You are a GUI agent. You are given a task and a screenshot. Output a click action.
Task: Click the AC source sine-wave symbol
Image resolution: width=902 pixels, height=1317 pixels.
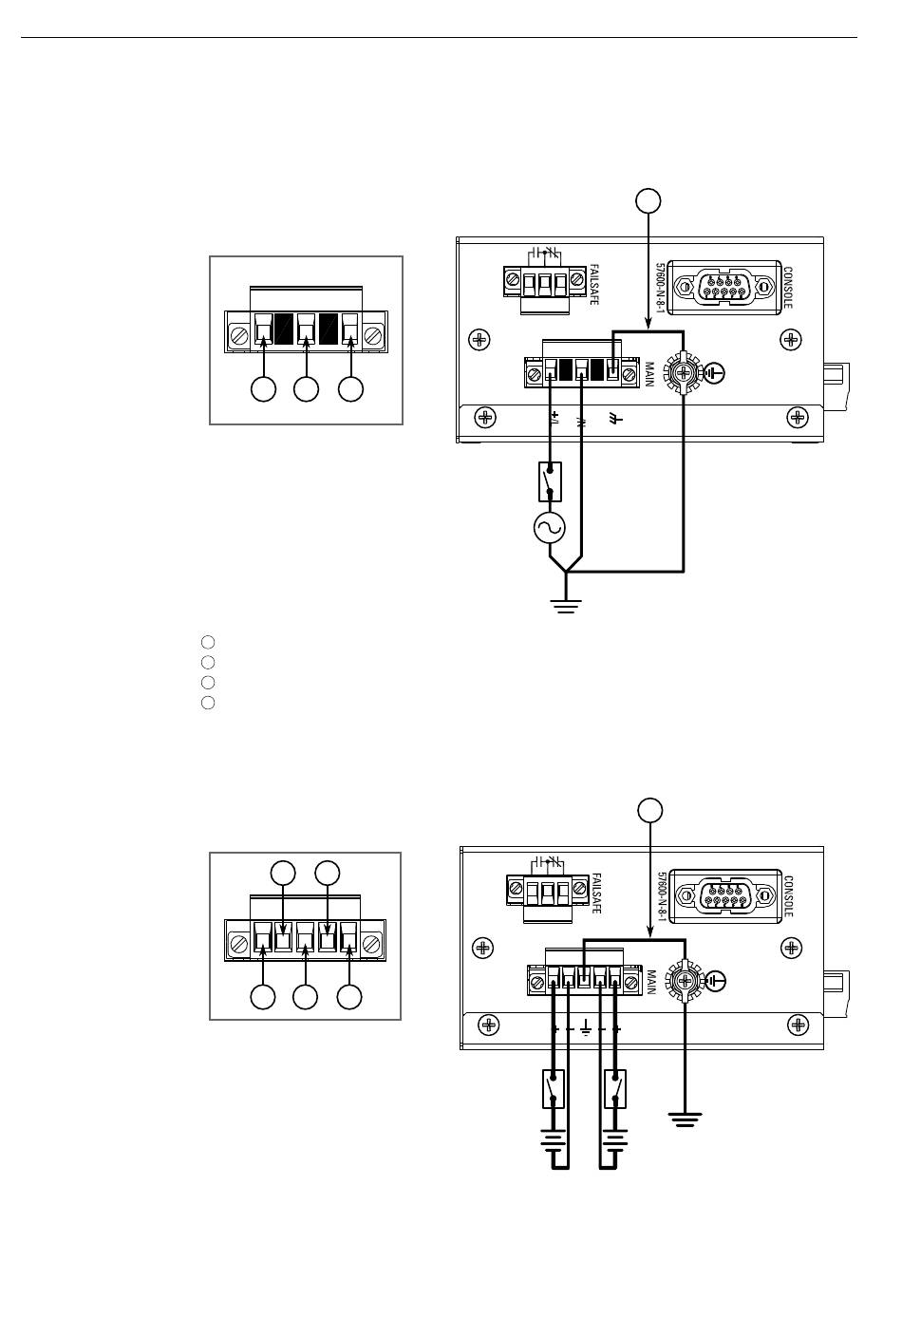(x=549, y=527)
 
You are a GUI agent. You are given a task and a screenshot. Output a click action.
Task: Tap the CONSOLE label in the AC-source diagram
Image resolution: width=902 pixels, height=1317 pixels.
(x=787, y=288)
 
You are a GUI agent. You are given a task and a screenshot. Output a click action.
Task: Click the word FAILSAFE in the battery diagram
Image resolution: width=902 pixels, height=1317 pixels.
(x=596, y=893)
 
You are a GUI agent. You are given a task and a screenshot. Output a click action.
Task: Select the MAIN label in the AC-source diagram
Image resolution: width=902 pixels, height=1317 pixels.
(x=649, y=374)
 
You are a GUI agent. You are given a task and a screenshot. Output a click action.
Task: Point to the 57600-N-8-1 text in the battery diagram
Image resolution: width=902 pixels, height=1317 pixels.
(x=660, y=896)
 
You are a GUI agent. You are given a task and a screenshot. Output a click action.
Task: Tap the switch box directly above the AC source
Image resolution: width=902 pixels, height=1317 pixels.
(x=550, y=481)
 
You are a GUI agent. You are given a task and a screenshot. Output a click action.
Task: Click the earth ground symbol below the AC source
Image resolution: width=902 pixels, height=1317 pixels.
(x=566, y=606)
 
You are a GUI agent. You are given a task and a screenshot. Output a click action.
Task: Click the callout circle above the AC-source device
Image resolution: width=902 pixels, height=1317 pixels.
(x=648, y=200)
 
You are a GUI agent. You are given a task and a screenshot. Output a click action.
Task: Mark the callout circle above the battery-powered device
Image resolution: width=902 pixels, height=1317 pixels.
(x=649, y=810)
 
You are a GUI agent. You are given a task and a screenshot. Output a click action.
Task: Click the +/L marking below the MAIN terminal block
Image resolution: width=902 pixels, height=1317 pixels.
(x=554, y=418)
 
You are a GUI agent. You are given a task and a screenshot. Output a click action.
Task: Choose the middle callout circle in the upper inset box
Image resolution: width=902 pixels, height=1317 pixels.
(x=306, y=389)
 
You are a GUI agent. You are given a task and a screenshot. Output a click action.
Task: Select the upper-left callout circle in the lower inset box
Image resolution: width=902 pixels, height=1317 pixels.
(x=283, y=874)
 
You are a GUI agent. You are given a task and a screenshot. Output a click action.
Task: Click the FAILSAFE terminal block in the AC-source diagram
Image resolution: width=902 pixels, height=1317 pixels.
(x=544, y=283)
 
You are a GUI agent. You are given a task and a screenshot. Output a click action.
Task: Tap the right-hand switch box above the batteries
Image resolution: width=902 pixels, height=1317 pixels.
(x=614, y=1089)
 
